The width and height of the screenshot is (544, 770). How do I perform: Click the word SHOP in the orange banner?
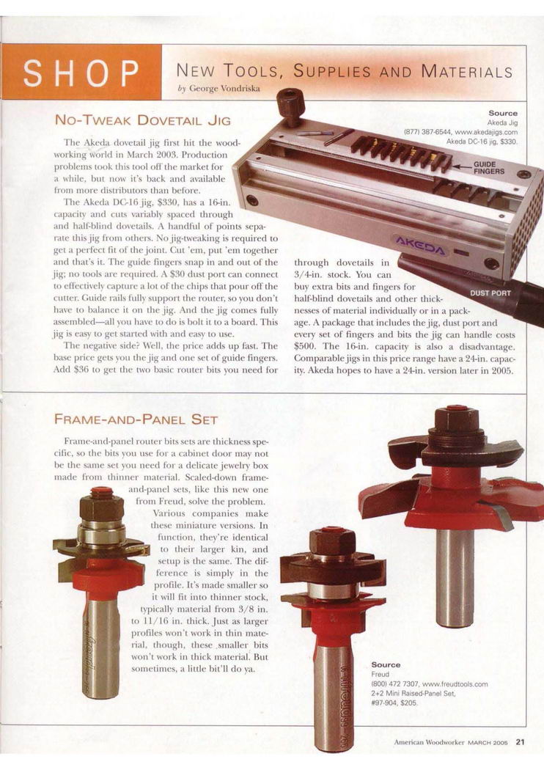click(x=81, y=73)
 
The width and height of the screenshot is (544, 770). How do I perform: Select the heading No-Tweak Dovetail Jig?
click(x=142, y=120)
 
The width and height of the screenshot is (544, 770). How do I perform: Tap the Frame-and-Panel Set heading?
click(x=136, y=419)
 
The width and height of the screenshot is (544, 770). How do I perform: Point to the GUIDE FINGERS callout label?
click(x=488, y=167)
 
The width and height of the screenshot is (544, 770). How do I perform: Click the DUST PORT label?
click(x=490, y=293)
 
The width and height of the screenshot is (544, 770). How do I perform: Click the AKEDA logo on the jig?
click(x=420, y=246)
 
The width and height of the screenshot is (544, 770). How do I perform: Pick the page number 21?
click(x=521, y=742)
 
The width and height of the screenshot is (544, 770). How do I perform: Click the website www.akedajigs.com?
click(x=486, y=132)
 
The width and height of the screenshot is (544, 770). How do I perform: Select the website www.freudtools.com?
click(x=455, y=684)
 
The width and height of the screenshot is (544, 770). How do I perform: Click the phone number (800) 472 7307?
click(x=394, y=684)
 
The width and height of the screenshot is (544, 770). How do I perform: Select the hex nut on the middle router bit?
click(x=332, y=541)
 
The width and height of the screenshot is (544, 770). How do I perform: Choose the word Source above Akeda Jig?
click(x=503, y=114)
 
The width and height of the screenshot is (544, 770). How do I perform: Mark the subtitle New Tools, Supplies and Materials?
click(x=344, y=72)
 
